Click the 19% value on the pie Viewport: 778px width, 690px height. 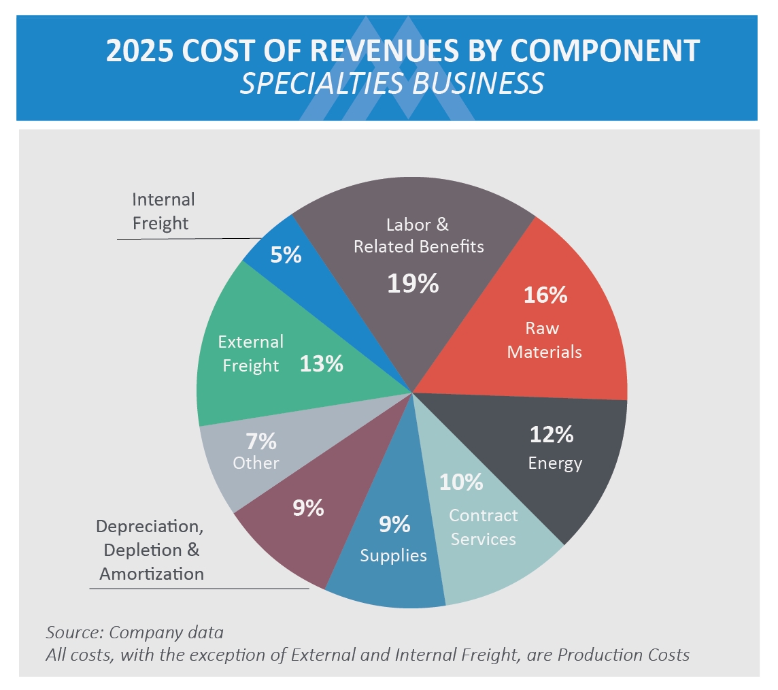click(413, 283)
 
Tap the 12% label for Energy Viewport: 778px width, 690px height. click(551, 434)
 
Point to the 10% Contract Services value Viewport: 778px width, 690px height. click(461, 482)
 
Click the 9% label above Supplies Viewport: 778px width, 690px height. click(394, 524)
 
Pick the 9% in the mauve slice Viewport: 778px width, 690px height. click(308, 508)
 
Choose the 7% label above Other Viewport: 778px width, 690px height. click(260, 442)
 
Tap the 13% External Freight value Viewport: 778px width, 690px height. click(322, 364)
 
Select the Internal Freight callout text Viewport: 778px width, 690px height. click(163, 211)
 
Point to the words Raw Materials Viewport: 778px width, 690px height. click(544, 340)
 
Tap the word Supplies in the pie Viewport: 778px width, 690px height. click(393, 555)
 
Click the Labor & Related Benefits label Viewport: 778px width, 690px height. click(418, 235)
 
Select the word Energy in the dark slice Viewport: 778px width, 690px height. click(555, 463)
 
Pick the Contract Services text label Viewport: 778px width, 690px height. click(483, 527)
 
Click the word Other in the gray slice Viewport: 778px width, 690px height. click(256, 463)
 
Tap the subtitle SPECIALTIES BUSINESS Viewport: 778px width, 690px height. click(392, 83)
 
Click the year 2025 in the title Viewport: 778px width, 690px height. click(139, 52)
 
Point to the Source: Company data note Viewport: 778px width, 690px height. click(135, 632)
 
